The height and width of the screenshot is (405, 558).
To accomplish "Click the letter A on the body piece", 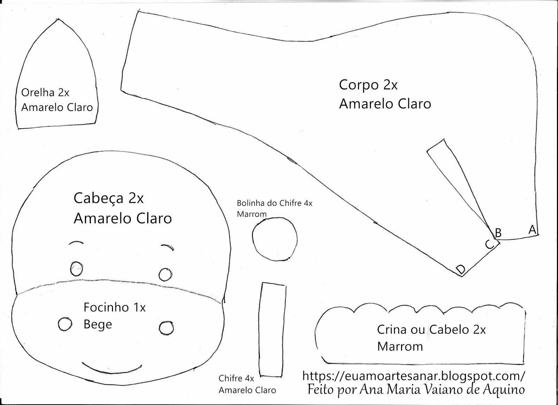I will (532, 229).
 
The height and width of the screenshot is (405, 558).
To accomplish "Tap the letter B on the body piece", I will (498, 233).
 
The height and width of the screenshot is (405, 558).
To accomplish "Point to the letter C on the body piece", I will (490, 244).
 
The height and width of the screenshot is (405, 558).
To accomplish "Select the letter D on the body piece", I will (461, 269).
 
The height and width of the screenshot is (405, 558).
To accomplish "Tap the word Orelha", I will (38, 93).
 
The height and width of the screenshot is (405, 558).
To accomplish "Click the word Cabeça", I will (98, 198).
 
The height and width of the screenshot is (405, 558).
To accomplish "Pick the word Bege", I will (98, 325).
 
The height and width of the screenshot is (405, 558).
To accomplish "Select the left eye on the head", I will (76, 268).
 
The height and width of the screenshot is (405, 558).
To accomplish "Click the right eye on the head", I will (165, 274).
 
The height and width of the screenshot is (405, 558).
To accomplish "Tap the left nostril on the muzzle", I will (65, 324).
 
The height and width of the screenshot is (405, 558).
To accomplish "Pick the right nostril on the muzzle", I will (166, 328).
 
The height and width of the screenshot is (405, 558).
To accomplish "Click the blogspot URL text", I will (413, 376).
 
